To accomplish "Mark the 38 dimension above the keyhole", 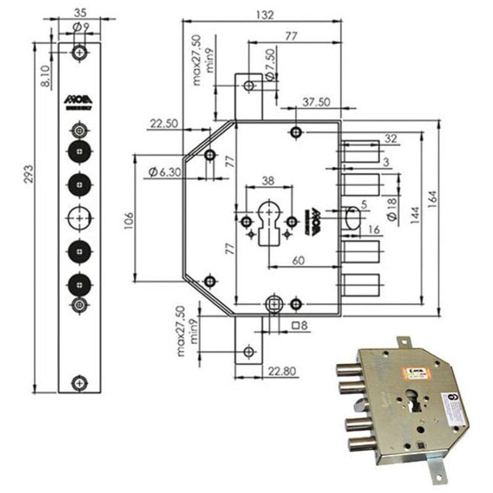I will (267, 181).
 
